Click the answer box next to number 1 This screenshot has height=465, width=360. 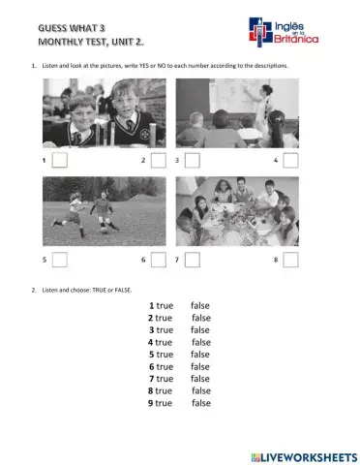[x=60, y=160]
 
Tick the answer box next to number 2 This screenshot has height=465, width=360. [x=159, y=160]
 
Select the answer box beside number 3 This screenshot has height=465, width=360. [x=192, y=160]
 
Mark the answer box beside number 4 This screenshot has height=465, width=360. [x=290, y=160]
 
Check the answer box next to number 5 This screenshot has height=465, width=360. [x=60, y=260]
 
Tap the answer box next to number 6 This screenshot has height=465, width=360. [x=159, y=260]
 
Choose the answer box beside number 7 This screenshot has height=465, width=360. [x=192, y=260]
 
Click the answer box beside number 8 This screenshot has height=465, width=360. [x=290, y=260]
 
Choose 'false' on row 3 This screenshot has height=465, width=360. [x=200, y=329]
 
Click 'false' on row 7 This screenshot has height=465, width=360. [x=200, y=379]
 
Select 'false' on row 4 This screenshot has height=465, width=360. [x=201, y=342]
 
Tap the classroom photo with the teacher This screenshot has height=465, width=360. [x=237, y=112]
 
